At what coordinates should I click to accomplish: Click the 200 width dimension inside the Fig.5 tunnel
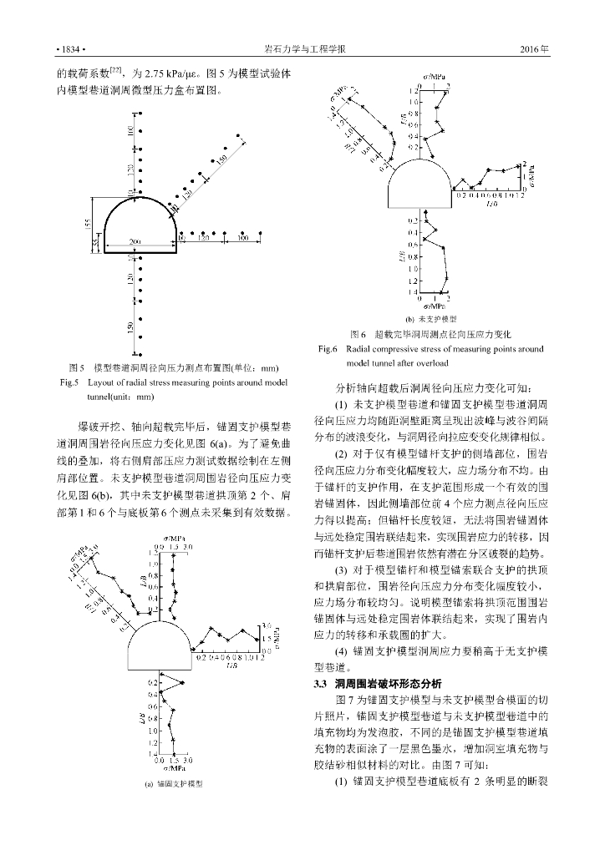click(x=136, y=241)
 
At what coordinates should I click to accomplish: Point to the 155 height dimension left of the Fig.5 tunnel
click(x=88, y=223)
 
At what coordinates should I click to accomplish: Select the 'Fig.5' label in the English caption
click(x=69, y=383)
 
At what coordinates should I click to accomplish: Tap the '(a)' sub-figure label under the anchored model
click(x=139, y=784)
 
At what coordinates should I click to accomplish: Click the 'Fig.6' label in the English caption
click(x=328, y=349)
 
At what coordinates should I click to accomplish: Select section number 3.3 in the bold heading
click(x=320, y=684)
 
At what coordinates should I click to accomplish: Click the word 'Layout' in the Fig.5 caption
click(x=103, y=383)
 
